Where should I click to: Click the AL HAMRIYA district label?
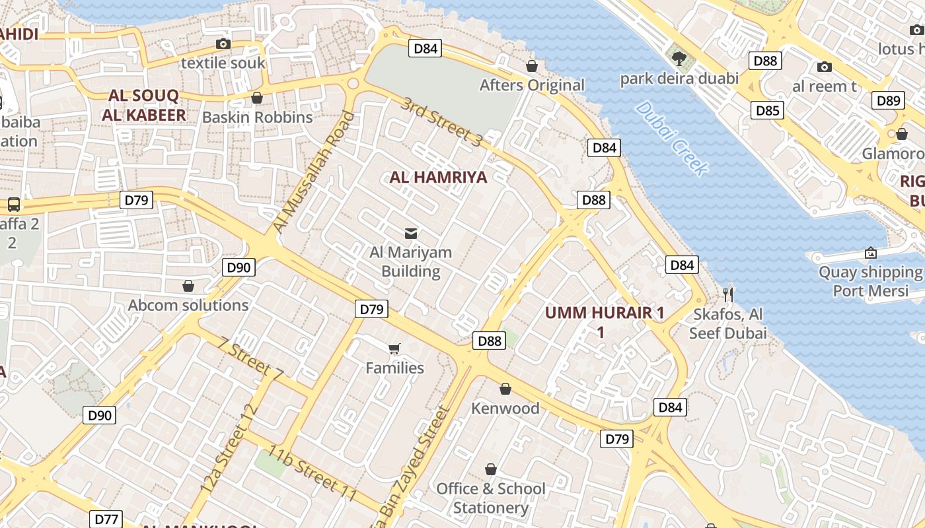[x=438, y=177]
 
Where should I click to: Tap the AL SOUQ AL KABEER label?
[x=143, y=106]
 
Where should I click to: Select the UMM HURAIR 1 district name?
[x=605, y=313]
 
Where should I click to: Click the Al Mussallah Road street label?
[x=313, y=173]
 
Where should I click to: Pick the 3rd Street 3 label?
[x=442, y=122]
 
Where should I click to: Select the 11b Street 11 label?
[x=313, y=473]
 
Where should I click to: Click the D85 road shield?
[x=767, y=110]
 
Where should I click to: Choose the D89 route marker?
[x=888, y=100]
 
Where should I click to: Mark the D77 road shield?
[x=106, y=519]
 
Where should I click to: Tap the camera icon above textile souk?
[x=223, y=44]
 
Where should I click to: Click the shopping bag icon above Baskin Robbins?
[x=257, y=98]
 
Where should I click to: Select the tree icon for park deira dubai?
[x=679, y=59]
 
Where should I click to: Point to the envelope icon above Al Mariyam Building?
[x=410, y=233]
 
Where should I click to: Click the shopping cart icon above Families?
[x=394, y=348]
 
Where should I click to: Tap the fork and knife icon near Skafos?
[x=728, y=294]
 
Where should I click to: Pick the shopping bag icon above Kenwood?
[x=505, y=389]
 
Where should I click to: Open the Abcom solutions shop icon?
[x=188, y=286]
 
